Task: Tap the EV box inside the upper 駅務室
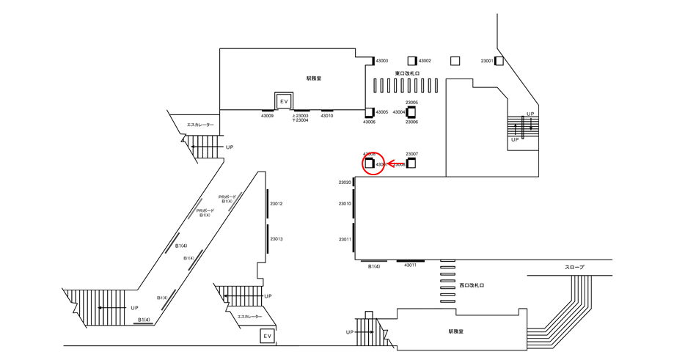pyautogui.click(x=283, y=100)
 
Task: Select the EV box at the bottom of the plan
pyautogui.click(x=268, y=336)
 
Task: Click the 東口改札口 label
pyautogui.click(x=406, y=73)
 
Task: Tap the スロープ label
pyautogui.click(x=575, y=268)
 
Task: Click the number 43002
pyautogui.click(x=425, y=61)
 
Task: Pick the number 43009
pyautogui.click(x=267, y=116)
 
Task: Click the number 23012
pyautogui.click(x=276, y=204)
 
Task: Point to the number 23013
pyautogui.click(x=276, y=239)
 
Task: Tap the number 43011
pyautogui.click(x=410, y=265)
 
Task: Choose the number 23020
pyautogui.click(x=345, y=183)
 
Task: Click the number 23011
pyautogui.click(x=345, y=240)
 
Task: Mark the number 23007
pyautogui.click(x=411, y=154)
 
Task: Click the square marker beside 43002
pyautogui.click(x=413, y=61)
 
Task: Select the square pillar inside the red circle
pyautogui.click(x=369, y=164)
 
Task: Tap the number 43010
pyautogui.click(x=327, y=116)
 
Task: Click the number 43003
pyautogui.click(x=381, y=61)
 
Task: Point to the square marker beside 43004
pyautogui.click(x=411, y=112)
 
